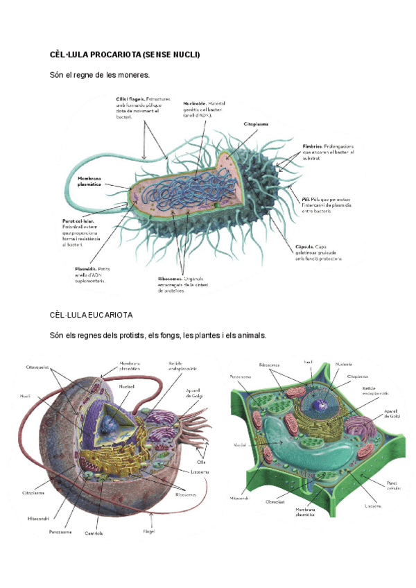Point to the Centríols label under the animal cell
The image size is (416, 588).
(x=94, y=533)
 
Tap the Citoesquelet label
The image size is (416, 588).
(x=37, y=366)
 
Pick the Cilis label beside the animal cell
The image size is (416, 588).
(x=202, y=461)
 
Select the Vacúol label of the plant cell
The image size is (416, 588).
(x=240, y=444)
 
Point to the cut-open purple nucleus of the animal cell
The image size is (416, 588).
(x=104, y=423)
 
